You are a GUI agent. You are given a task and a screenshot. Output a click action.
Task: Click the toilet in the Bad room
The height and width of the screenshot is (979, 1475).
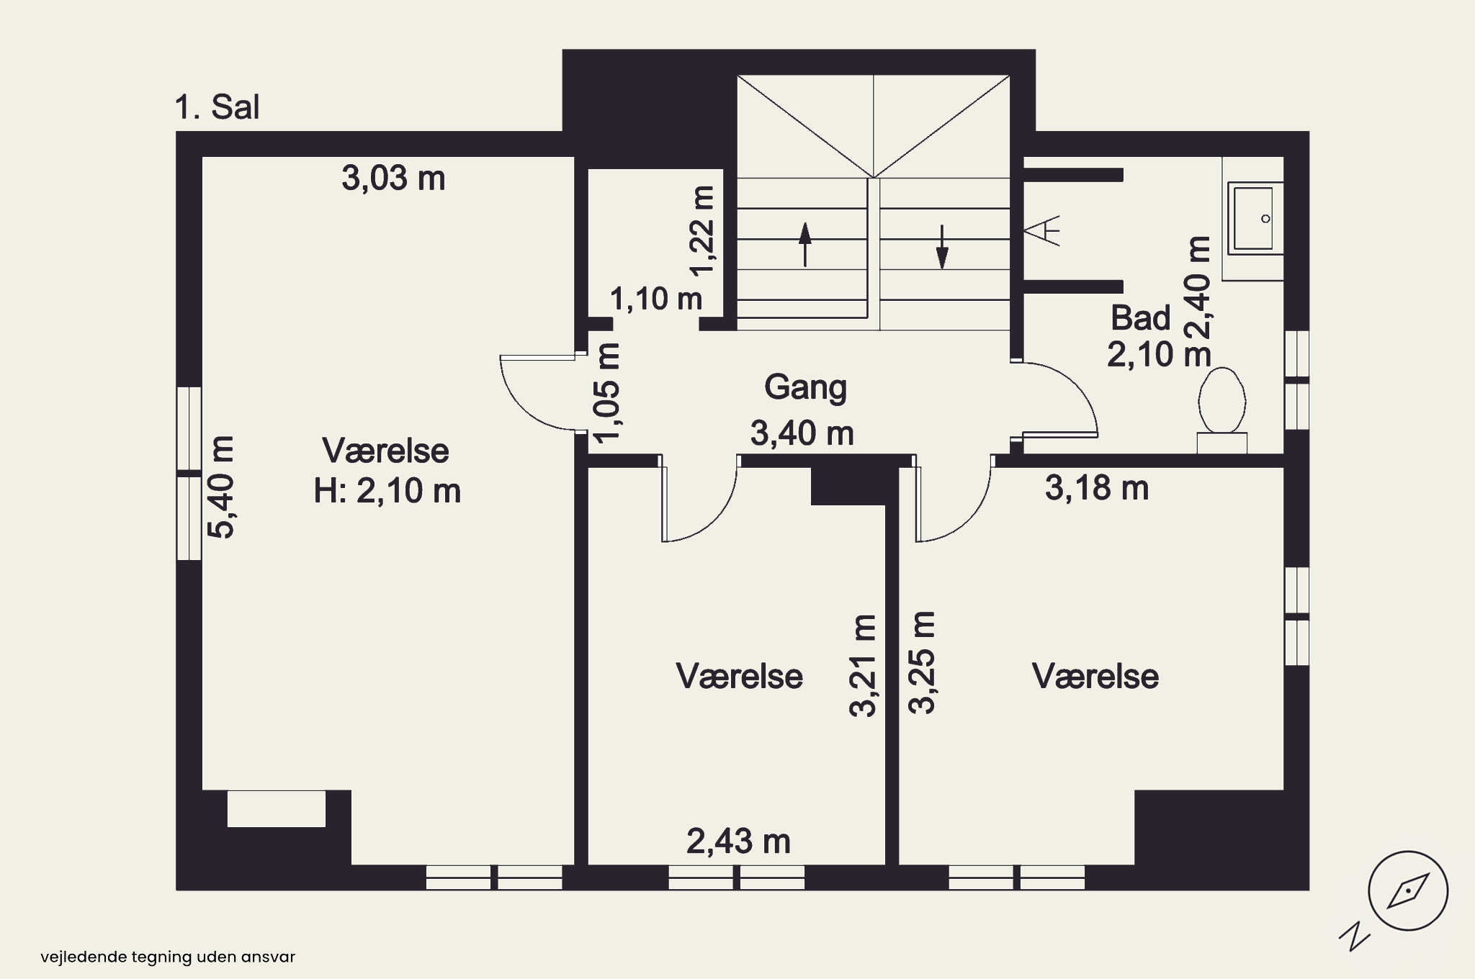point(1222,410)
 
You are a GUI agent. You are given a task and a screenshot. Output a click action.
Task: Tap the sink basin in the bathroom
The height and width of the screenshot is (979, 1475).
point(1254,218)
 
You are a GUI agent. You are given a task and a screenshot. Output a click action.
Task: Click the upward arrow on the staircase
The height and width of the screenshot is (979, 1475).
point(805,245)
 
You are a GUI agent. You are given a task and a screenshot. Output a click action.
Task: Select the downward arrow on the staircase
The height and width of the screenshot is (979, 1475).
point(942,246)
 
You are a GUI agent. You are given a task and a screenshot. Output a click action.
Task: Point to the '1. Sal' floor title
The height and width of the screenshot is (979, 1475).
point(217,107)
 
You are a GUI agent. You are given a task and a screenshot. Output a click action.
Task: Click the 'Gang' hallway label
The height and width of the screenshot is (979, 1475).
point(805,387)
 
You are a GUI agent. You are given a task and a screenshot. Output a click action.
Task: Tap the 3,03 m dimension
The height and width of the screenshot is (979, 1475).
point(393,178)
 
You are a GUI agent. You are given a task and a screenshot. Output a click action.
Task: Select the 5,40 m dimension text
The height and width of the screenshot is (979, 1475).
point(221,487)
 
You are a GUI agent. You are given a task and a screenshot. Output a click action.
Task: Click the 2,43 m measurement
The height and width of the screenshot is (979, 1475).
point(738,841)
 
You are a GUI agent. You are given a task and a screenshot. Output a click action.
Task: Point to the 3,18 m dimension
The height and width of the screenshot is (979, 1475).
point(1097,488)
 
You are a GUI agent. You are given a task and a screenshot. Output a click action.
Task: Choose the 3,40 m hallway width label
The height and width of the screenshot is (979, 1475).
point(802,433)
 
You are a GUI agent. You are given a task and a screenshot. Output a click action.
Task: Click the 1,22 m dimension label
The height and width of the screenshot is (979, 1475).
point(702,230)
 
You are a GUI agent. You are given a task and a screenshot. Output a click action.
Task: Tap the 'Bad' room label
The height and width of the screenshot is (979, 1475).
point(1141,317)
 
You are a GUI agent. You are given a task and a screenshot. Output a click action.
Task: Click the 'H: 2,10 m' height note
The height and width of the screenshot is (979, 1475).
point(387,491)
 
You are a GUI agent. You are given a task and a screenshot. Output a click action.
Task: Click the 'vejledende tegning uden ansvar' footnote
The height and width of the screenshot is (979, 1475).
point(168,957)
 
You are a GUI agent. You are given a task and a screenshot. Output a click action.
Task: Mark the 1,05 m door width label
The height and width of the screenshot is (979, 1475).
point(606,392)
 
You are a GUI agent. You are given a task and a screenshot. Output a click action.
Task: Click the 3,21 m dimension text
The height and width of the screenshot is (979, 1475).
point(863,666)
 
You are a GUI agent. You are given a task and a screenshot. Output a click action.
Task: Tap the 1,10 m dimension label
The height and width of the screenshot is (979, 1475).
point(656,298)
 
